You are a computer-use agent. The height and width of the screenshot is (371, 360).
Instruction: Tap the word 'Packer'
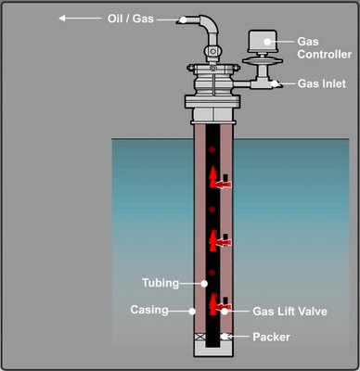coord(272,337)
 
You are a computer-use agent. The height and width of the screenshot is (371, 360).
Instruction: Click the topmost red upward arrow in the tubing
coord(212,176)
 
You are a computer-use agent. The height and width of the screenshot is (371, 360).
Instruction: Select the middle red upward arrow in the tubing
coord(212,237)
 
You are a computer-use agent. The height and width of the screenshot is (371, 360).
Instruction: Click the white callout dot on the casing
coord(193,310)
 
